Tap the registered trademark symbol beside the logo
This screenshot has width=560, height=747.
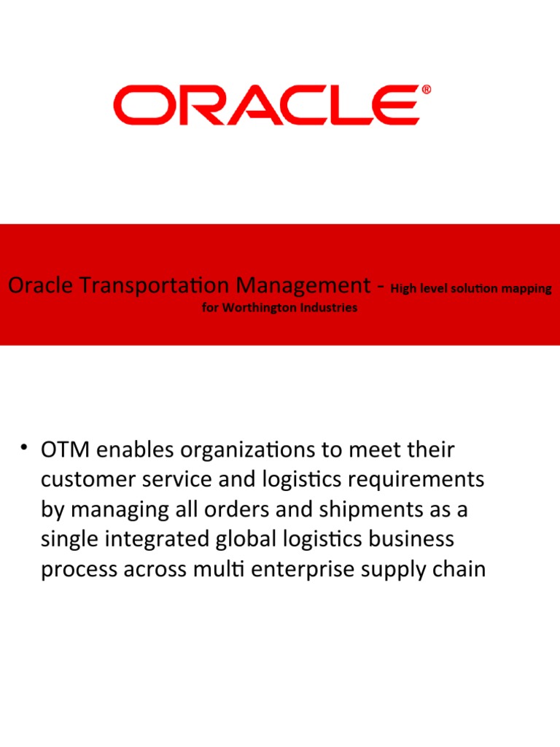click(426, 90)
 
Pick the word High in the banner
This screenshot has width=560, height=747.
click(402, 288)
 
